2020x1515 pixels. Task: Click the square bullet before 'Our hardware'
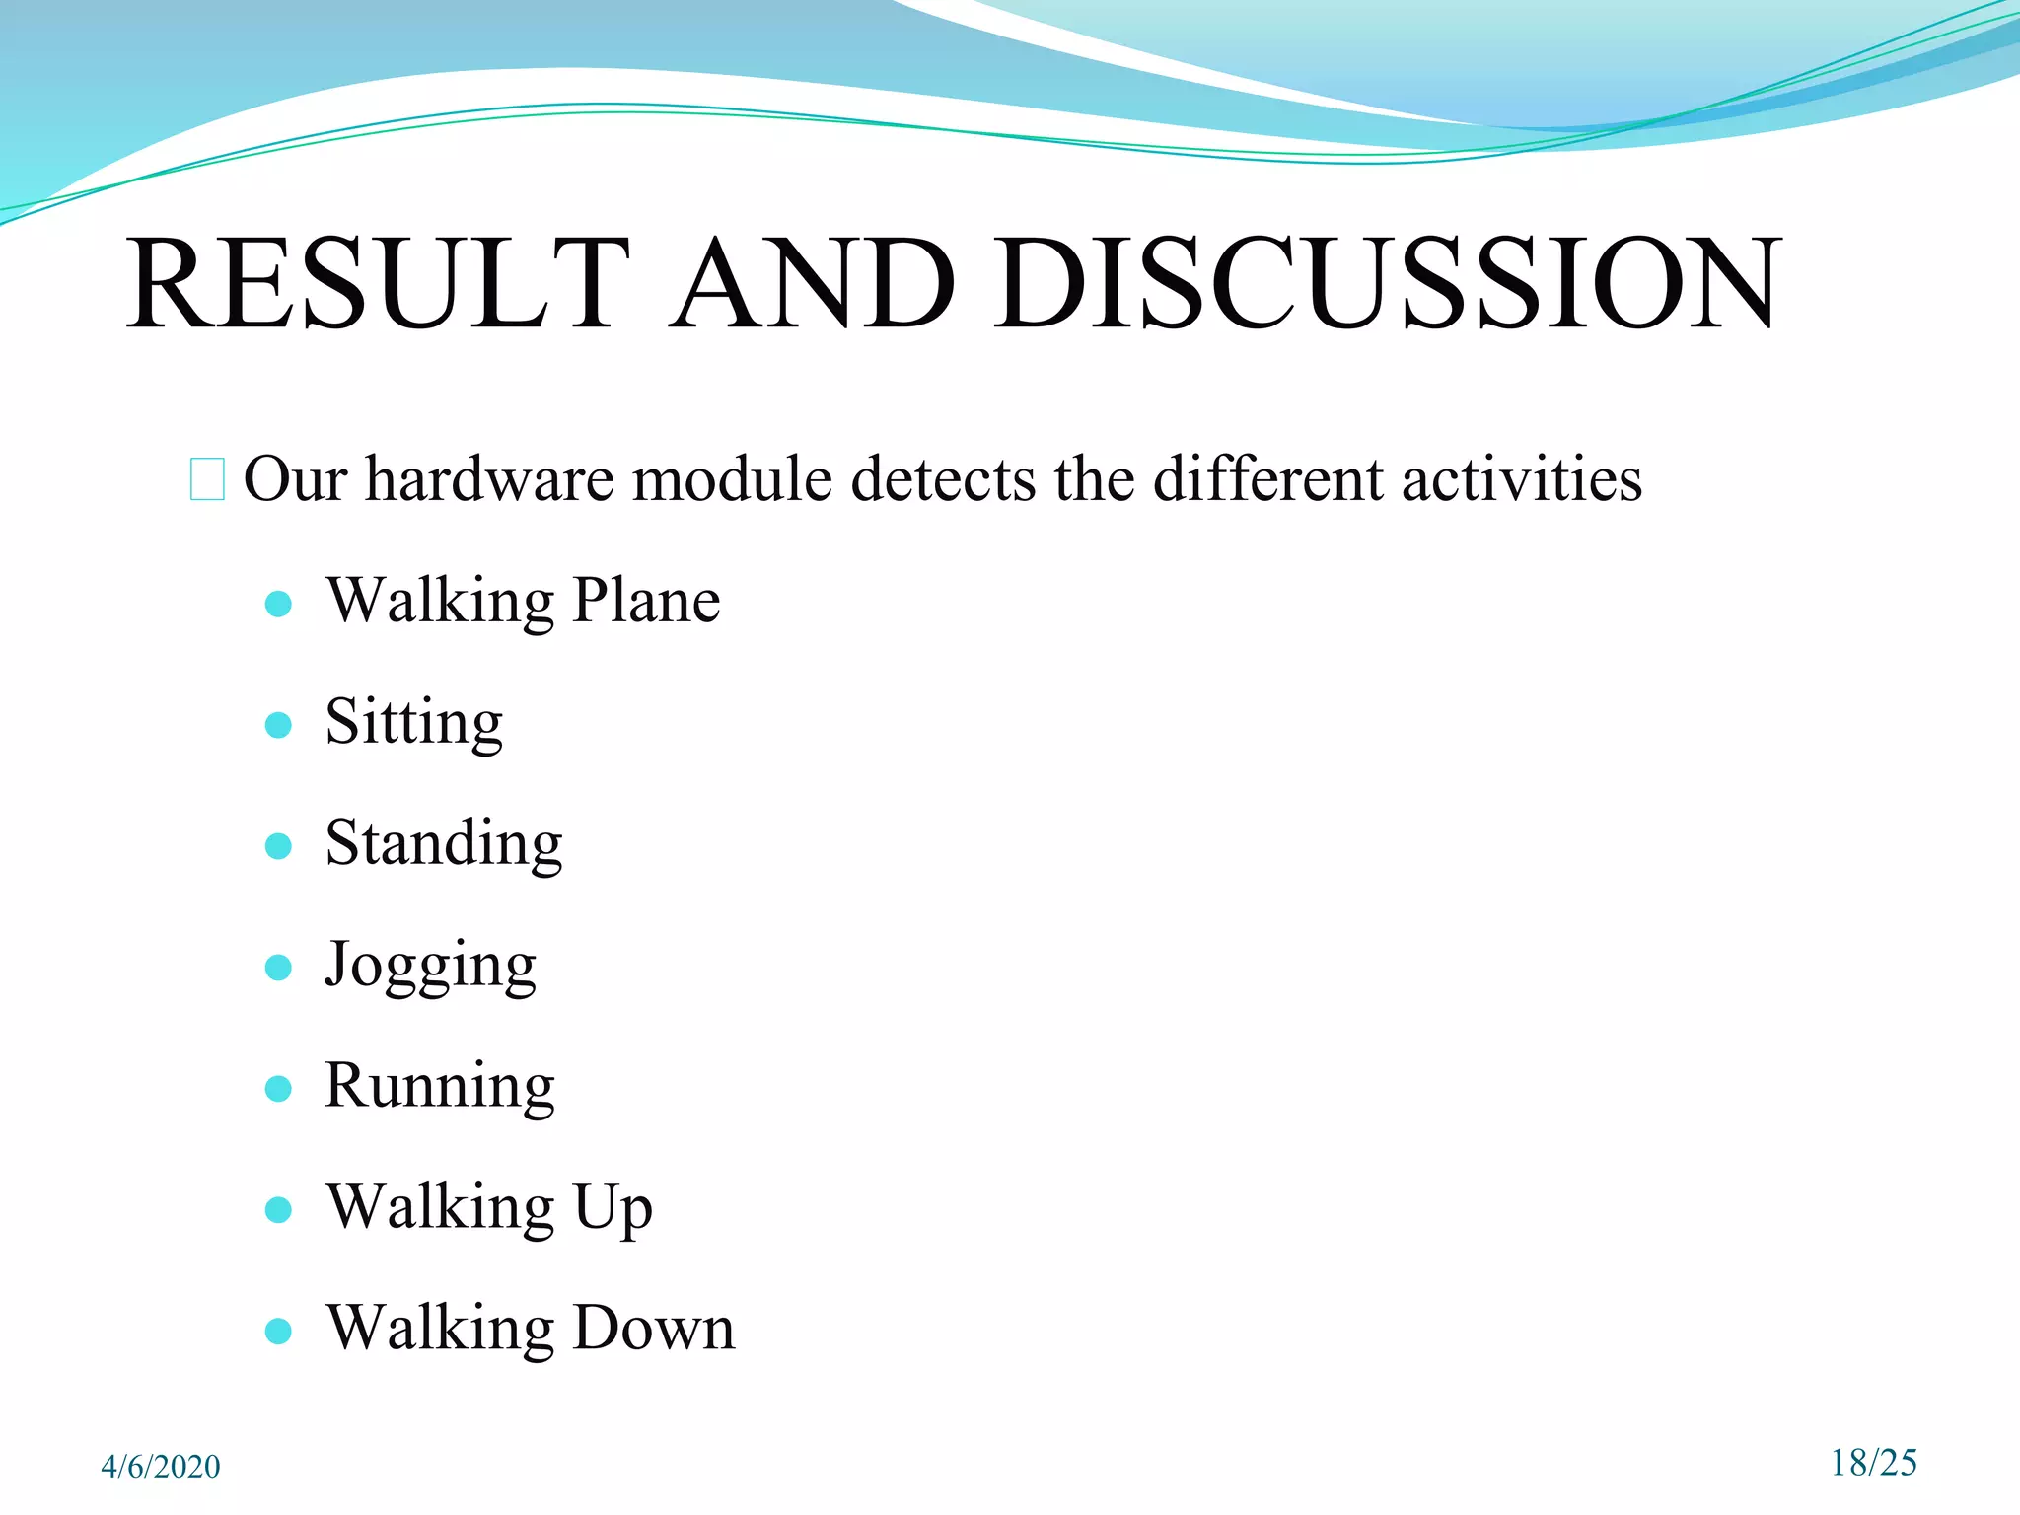[x=207, y=479]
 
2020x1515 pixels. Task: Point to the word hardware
[x=490, y=479]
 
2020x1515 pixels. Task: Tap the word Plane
[x=646, y=601]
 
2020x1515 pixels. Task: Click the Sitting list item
[x=414, y=722]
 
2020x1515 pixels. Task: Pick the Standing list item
[x=444, y=844]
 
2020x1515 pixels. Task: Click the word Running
[x=440, y=1086]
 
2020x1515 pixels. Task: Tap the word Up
[x=613, y=1207]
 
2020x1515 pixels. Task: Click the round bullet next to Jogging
[x=279, y=968]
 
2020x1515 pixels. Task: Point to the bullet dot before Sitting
[x=279, y=726]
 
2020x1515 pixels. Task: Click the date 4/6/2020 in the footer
[x=161, y=1467]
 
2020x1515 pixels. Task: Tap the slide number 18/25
[x=1873, y=1463]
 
